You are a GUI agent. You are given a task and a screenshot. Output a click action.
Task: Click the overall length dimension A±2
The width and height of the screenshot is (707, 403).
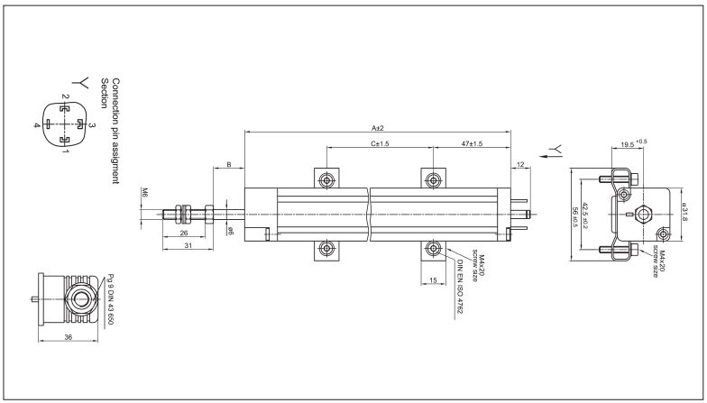click(378, 128)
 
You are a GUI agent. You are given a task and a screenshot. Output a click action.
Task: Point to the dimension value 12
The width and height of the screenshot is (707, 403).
click(521, 163)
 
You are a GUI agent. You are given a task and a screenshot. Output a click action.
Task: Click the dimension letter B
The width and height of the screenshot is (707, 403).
click(229, 164)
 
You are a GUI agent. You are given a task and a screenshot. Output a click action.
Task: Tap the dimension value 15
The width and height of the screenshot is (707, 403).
click(433, 281)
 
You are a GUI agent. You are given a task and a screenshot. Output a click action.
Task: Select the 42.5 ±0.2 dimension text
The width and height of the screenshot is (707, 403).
click(584, 215)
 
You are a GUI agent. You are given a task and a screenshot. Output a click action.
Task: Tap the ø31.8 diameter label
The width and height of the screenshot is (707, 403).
click(684, 214)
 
